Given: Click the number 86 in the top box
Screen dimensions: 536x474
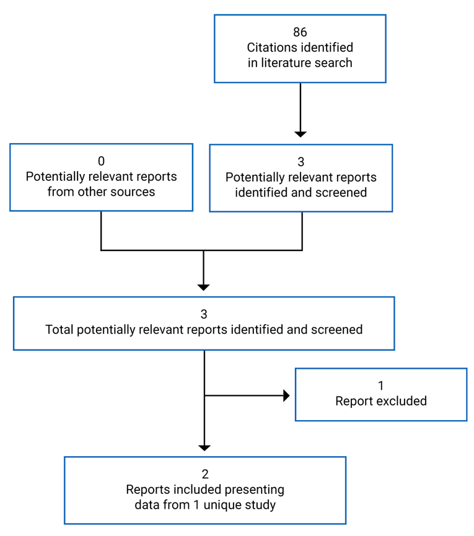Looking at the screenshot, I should tap(300, 32).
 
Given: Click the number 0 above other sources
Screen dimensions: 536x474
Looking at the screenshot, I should tap(101, 161).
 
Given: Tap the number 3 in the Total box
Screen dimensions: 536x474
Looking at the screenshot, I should tap(204, 314).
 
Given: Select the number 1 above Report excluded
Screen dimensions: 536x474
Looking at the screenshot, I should tap(381, 385).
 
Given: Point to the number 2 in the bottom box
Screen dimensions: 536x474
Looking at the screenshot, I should tap(205, 475).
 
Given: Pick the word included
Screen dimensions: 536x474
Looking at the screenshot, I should tap(187, 490).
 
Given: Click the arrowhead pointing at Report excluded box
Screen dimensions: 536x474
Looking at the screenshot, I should tap(286, 395).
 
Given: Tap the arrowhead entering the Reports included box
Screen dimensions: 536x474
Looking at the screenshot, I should tap(204, 447).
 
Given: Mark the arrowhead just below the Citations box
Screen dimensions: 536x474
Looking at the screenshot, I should tap(301, 133).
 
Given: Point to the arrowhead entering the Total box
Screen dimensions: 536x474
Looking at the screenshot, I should tap(203, 287).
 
